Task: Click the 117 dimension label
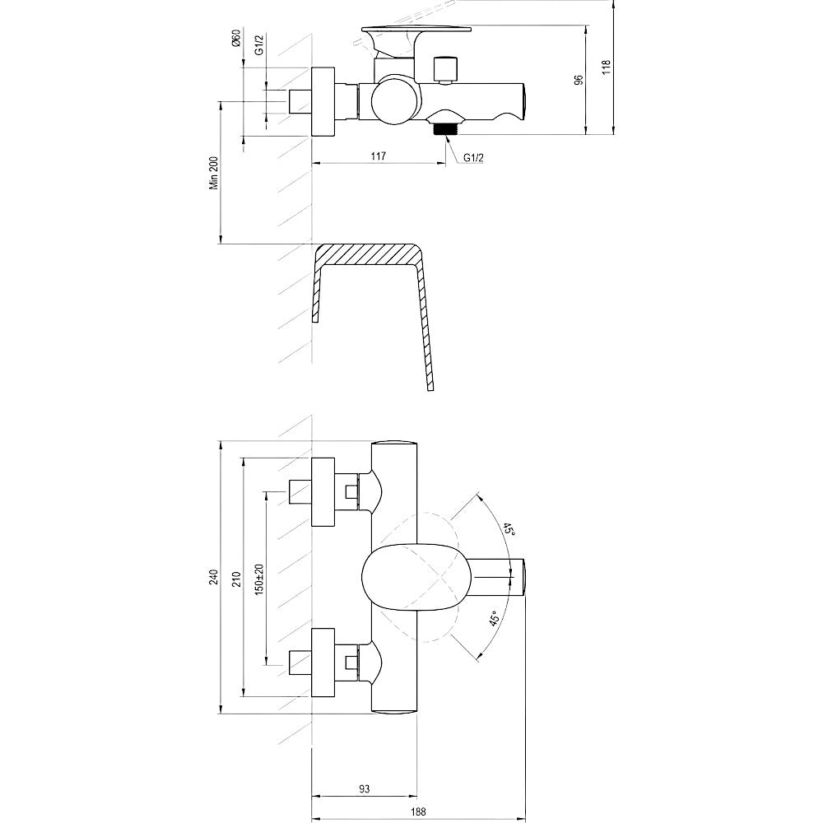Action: click(378, 156)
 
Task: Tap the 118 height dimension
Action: click(607, 68)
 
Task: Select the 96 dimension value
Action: click(579, 80)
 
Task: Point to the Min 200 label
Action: click(214, 173)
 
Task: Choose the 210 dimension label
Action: click(237, 579)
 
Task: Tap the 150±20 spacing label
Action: click(258, 579)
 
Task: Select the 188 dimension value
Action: click(418, 812)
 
